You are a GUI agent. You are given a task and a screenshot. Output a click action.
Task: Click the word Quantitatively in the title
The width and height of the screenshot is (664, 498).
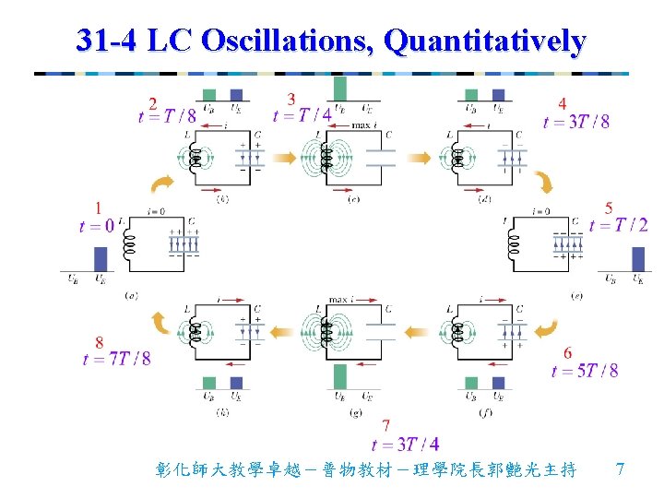(485, 41)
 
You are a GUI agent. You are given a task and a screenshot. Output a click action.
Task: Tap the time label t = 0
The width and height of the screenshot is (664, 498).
(97, 227)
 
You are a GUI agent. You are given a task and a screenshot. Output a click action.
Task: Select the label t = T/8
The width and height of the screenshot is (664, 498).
(167, 116)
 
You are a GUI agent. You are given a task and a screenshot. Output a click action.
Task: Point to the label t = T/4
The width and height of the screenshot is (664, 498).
(302, 115)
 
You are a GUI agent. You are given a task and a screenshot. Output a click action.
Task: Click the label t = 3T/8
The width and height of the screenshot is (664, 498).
(575, 122)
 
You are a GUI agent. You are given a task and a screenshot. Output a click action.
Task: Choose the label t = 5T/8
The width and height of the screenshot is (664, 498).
(585, 371)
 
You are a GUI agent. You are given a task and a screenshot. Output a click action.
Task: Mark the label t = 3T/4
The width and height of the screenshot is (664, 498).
(404, 445)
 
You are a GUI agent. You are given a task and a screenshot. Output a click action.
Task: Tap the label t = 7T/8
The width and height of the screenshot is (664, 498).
(116, 359)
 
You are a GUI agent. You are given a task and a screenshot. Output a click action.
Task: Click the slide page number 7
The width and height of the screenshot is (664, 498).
(621, 469)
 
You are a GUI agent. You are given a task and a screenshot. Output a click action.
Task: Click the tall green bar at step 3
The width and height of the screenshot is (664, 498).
(340, 89)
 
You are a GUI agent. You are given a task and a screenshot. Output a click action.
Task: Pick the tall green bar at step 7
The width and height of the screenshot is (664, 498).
(340, 376)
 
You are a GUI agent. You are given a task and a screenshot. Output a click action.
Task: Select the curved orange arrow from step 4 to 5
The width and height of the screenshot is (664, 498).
(545, 184)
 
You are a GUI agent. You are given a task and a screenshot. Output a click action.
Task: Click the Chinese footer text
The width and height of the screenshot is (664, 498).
(367, 470)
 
